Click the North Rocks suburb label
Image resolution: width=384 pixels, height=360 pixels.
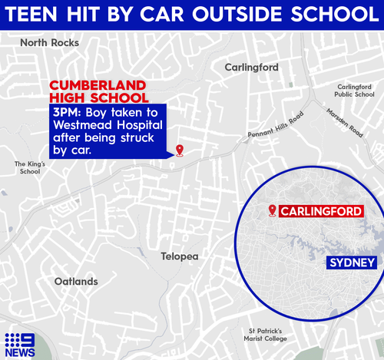(49, 43)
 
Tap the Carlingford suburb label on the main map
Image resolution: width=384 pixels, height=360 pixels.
(251, 68)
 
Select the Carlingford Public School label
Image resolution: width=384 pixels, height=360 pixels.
(354, 91)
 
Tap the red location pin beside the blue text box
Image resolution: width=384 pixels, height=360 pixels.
(180, 150)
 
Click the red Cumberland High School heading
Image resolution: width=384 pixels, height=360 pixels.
(99, 91)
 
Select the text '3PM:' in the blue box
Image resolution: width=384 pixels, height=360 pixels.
(66, 112)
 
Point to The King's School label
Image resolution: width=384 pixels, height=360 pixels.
(31, 167)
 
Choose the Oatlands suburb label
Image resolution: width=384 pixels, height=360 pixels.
(76, 282)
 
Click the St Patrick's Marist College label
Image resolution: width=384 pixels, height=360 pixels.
(260, 335)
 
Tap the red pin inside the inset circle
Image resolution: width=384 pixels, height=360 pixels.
(272, 210)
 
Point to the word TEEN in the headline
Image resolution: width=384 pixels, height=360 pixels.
(39, 15)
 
